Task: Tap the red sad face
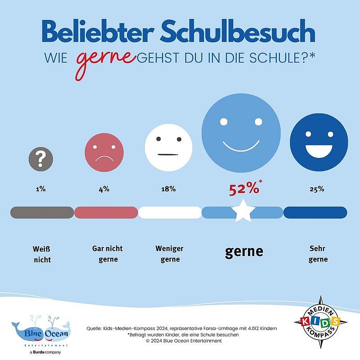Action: point(104,153)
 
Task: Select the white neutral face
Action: point(168,147)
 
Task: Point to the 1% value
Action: point(41,189)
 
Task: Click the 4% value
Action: point(104,189)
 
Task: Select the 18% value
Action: point(168,189)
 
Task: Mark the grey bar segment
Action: point(42,212)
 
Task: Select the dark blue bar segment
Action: point(315,212)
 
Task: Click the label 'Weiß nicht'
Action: point(41,254)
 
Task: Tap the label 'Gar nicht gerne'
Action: point(107,254)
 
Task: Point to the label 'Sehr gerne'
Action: point(318,254)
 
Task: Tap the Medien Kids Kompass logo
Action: point(317,322)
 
